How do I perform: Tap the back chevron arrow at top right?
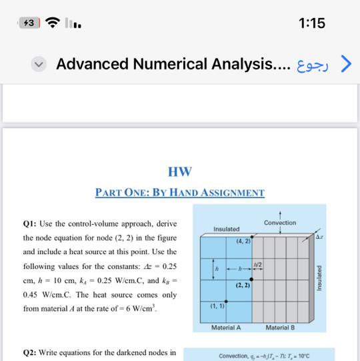345,63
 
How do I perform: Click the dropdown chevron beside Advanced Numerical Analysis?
39,64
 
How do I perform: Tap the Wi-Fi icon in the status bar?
53,23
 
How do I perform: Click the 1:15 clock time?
312,23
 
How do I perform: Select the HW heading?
180,171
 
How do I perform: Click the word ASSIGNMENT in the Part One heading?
230,193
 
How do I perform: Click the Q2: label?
31,352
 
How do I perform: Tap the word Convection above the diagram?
280,222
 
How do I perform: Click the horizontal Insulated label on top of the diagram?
227,229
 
